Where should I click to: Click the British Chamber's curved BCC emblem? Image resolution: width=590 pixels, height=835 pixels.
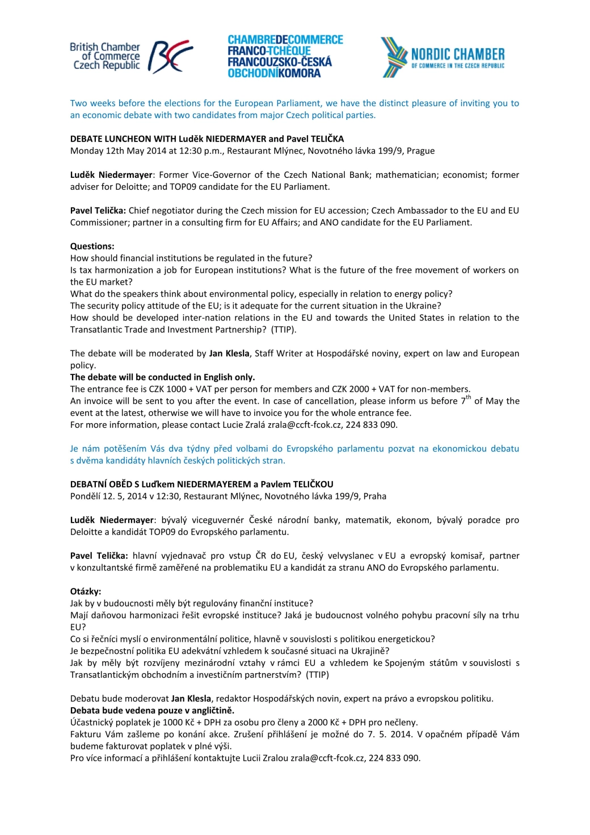(x=170, y=57)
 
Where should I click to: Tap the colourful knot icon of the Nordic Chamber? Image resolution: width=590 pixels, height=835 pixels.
(x=394, y=57)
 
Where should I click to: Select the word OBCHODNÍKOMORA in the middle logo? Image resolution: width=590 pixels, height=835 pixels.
(x=274, y=73)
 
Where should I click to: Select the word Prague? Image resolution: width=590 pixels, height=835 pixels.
(x=420, y=151)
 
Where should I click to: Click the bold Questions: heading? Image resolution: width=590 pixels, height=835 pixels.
(x=92, y=247)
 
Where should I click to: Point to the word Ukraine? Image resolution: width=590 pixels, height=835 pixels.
(x=422, y=306)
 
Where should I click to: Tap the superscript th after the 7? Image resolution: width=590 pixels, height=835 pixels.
(x=469, y=398)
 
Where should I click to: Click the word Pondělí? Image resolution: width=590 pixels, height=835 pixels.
(x=85, y=496)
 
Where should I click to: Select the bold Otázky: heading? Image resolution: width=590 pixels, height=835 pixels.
(x=86, y=591)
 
